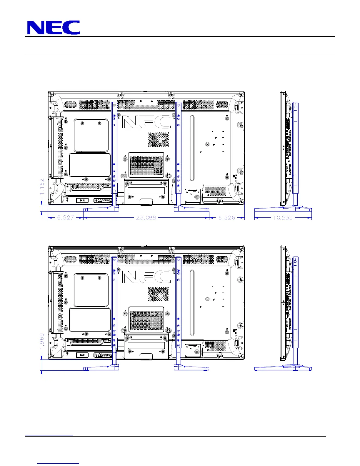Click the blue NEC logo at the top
[x=54, y=27]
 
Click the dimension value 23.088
[x=146, y=218]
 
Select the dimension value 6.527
[x=65, y=218]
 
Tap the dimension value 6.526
[x=227, y=218]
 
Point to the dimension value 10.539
[x=283, y=218]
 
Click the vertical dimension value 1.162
[x=42, y=186]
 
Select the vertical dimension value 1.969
[x=42, y=341]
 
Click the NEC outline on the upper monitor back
[x=146, y=122]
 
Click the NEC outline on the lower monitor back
[x=146, y=277]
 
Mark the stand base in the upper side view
[x=283, y=209]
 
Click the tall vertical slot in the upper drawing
[x=192, y=148]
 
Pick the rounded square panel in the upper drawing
[x=91, y=136]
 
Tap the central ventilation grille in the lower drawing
[x=146, y=319]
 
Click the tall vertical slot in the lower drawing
[x=192, y=303]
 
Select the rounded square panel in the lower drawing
[x=91, y=290]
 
